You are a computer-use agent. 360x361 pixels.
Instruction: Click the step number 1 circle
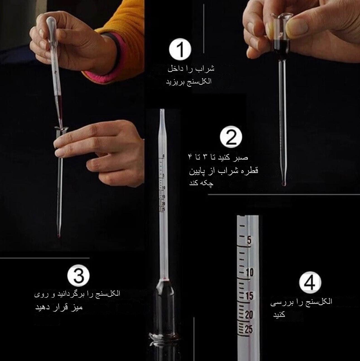[x=180, y=49]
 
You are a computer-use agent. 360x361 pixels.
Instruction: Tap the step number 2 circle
[x=231, y=137]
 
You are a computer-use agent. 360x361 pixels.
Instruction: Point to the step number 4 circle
[x=310, y=282]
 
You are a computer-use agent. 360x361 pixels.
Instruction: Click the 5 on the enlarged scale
[x=249, y=240]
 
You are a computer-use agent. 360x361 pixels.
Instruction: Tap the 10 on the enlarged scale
[x=250, y=272]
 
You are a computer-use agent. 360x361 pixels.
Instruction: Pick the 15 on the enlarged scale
[x=249, y=296]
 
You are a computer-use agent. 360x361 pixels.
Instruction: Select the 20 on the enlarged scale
[x=249, y=315]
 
